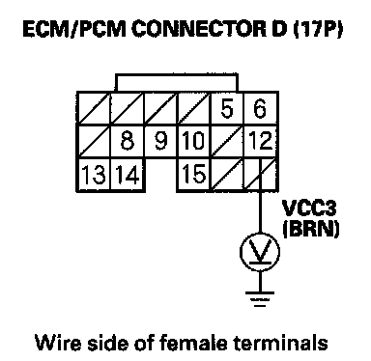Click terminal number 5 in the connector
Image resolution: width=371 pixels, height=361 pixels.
pos(227,108)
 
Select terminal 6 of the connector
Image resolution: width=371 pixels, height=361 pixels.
pos(260,108)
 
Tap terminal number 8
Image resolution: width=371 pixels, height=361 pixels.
pos(128,141)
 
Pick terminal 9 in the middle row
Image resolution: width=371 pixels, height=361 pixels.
pos(161,141)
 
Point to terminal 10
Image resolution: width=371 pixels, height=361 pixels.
pos(193,141)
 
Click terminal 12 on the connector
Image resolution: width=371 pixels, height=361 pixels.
pos(261,141)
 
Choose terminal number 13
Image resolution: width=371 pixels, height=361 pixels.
pos(94,175)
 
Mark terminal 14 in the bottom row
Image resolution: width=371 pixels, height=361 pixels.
pos(128,175)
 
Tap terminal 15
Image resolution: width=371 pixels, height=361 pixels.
pos(194,174)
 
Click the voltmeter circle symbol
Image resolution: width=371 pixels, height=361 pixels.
pos(260,252)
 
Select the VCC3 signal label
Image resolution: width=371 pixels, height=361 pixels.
pos(309,208)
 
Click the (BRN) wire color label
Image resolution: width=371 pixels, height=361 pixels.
pos(311,229)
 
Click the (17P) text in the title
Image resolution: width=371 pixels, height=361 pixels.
pos(318,29)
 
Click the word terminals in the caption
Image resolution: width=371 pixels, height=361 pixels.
pos(280,343)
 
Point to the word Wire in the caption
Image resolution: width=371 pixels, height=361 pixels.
pos(58,343)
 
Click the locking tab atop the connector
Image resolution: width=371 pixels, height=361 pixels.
pos(177,75)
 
